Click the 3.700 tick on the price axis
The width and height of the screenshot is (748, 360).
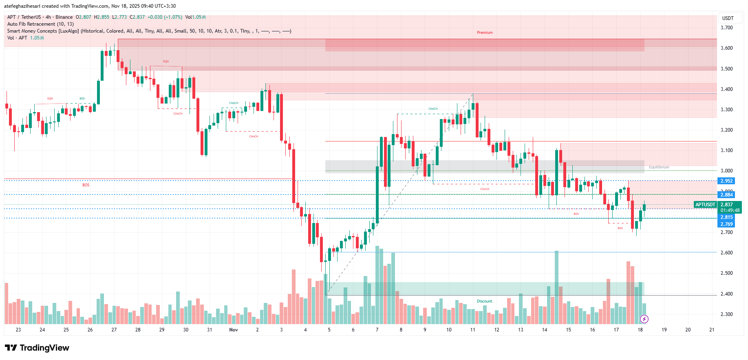coord(726,28)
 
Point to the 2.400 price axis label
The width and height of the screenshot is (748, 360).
coord(726,294)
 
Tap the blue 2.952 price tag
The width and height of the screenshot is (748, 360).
coord(726,181)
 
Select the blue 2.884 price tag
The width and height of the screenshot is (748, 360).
coord(726,195)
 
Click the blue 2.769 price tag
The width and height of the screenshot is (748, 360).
coord(726,224)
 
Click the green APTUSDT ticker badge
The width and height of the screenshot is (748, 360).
coord(705,205)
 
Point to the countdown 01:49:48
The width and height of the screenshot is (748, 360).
coord(730,210)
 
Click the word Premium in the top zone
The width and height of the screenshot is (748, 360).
coord(485,33)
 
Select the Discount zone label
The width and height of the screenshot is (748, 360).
coord(484,301)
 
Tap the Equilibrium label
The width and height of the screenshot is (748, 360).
coord(659,167)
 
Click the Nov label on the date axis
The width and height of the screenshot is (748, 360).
coord(234,330)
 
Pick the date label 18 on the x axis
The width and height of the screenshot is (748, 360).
coord(640,330)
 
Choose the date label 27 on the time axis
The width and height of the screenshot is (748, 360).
coord(114,330)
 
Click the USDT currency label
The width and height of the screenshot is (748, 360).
coord(728,18)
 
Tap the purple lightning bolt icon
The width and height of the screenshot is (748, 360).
coord(644,319)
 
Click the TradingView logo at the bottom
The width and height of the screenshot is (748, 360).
coord(37,348)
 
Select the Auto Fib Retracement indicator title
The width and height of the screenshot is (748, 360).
coord(40,24)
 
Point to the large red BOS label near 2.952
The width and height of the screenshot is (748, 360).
coord(86,185)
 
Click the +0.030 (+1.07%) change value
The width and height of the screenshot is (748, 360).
coord(165,17)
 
